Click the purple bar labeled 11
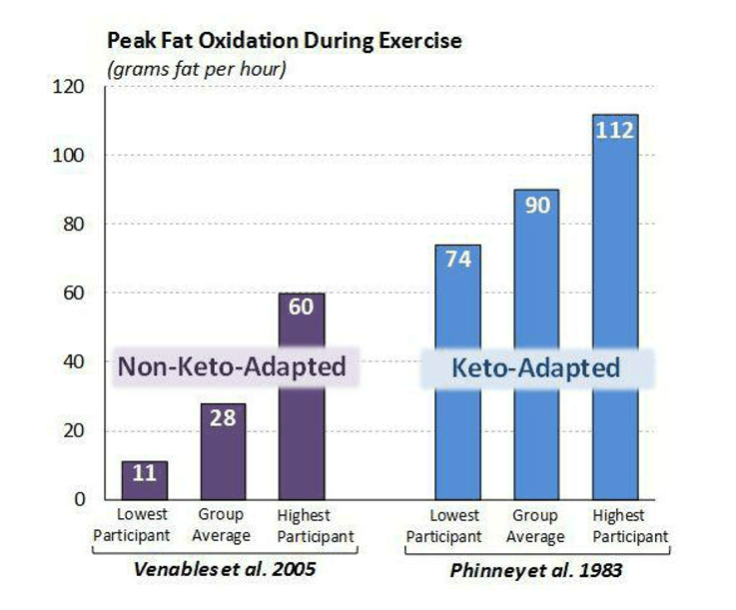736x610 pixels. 144,480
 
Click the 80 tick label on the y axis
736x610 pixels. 71,225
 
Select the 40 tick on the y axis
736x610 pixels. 71,361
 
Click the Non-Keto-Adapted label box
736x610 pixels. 239,366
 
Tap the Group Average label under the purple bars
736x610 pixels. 222,527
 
